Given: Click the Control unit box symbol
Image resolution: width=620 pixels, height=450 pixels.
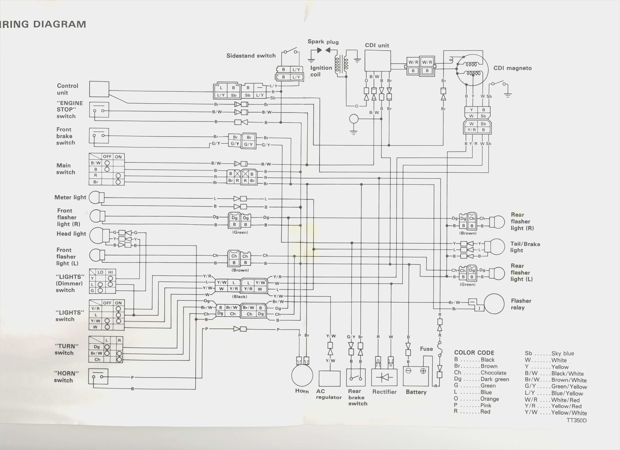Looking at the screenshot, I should coord(99,89).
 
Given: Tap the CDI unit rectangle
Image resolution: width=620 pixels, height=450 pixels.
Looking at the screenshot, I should coord(378,61).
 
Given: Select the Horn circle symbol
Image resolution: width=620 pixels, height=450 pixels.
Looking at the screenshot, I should coord(302,376).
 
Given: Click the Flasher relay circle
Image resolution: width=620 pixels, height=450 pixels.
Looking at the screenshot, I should coord(494,304).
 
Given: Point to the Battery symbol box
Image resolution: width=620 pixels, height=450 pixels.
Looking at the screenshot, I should coord(416,376).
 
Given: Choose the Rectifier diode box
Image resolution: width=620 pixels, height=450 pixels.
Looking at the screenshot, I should coord(384,377).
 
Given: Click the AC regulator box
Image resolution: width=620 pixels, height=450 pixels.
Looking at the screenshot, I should coord(329,378).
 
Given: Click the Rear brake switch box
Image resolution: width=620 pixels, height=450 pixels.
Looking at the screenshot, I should coord(356,377).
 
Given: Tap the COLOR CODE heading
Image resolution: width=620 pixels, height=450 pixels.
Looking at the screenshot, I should coord(474,353).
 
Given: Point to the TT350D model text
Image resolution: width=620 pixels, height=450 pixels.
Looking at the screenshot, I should coord(577,421).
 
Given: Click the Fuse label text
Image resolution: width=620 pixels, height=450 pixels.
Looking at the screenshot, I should coord(426,349).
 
